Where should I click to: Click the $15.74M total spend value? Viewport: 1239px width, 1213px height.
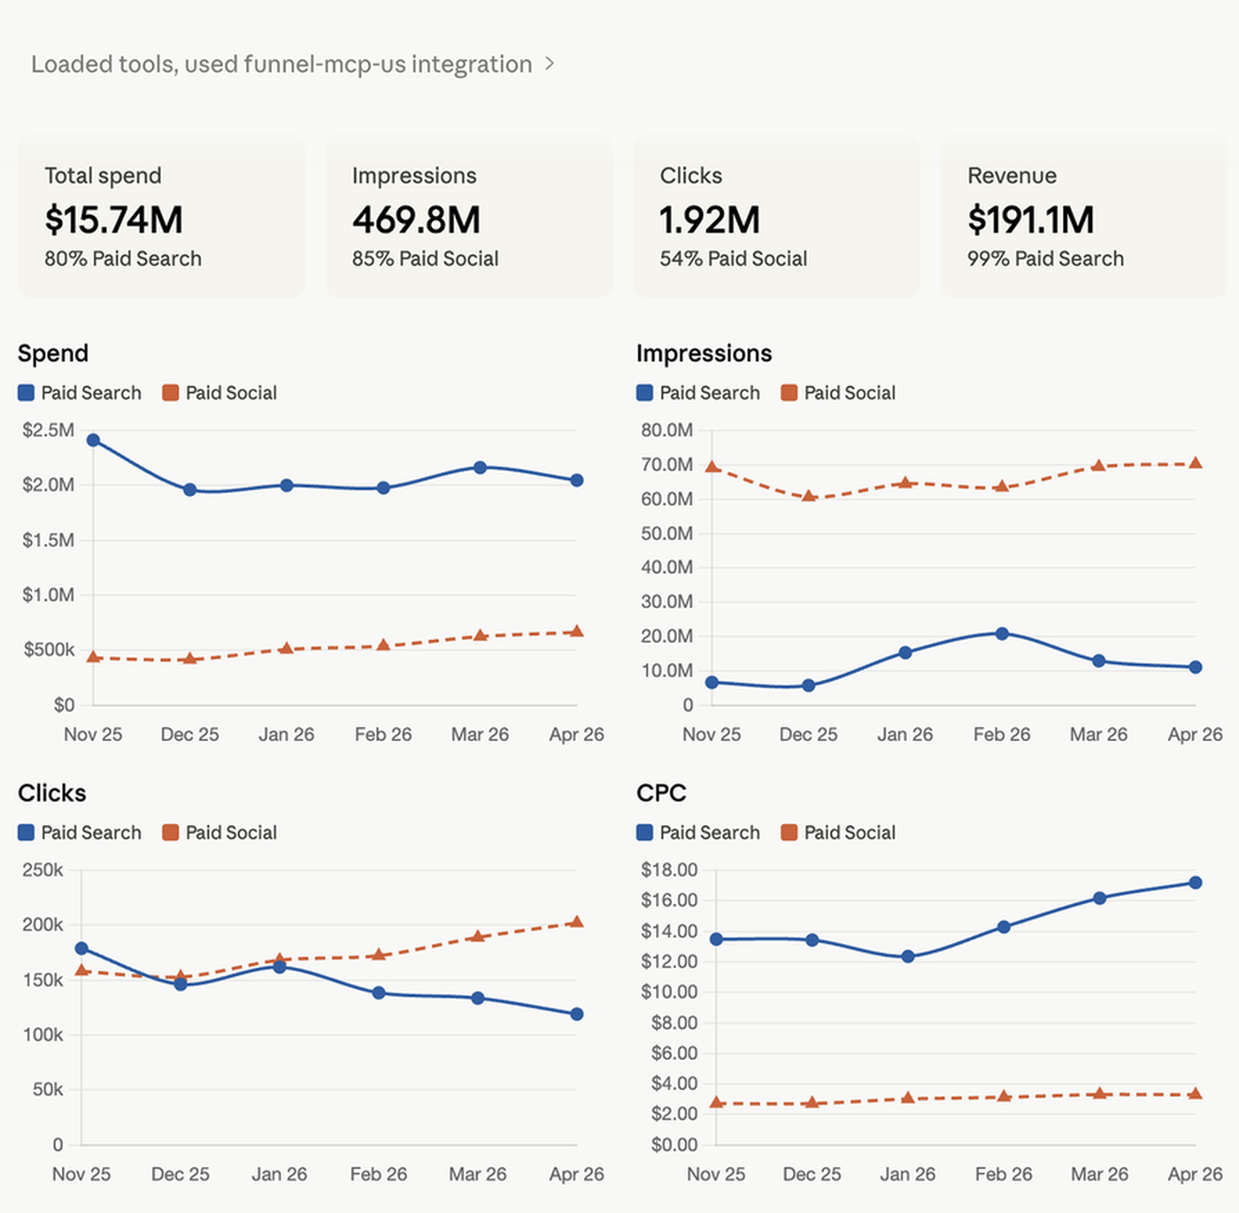(113, 220)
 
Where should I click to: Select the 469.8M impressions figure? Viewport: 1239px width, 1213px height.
(417, 220)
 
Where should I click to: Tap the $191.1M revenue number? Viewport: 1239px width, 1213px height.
(1031, 220)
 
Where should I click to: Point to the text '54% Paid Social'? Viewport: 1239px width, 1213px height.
(733, 259)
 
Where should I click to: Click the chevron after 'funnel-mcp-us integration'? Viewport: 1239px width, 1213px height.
(550, 64)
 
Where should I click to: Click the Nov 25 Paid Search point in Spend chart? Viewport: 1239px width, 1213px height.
(93, 439)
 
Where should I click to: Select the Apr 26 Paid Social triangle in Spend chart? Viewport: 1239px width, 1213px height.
(577, 631)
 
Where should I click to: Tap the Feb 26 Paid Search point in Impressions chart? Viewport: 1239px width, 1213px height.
(1002, 633)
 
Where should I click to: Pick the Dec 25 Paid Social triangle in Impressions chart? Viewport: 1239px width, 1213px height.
(809, 495)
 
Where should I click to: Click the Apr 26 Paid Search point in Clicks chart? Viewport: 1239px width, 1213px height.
(577, 1014)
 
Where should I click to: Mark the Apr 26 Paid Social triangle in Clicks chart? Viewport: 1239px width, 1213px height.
(577, 922)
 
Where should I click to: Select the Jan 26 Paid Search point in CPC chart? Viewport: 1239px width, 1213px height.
(908, 956)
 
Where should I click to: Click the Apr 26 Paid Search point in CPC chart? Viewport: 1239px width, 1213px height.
(1195, 883)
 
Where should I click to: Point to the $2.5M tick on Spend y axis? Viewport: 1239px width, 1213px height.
(49, 430)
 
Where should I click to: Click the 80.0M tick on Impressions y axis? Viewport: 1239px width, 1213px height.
(666, 430)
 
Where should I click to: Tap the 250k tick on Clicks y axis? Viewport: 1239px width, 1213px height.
(42, 869)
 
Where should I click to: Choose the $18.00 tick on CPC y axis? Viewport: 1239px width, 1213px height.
(669, 869)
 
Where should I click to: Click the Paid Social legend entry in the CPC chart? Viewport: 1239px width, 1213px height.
(838, 832)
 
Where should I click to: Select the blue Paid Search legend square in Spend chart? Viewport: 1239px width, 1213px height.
(26, 392)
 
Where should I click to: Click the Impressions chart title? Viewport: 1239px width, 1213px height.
(704, 353)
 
